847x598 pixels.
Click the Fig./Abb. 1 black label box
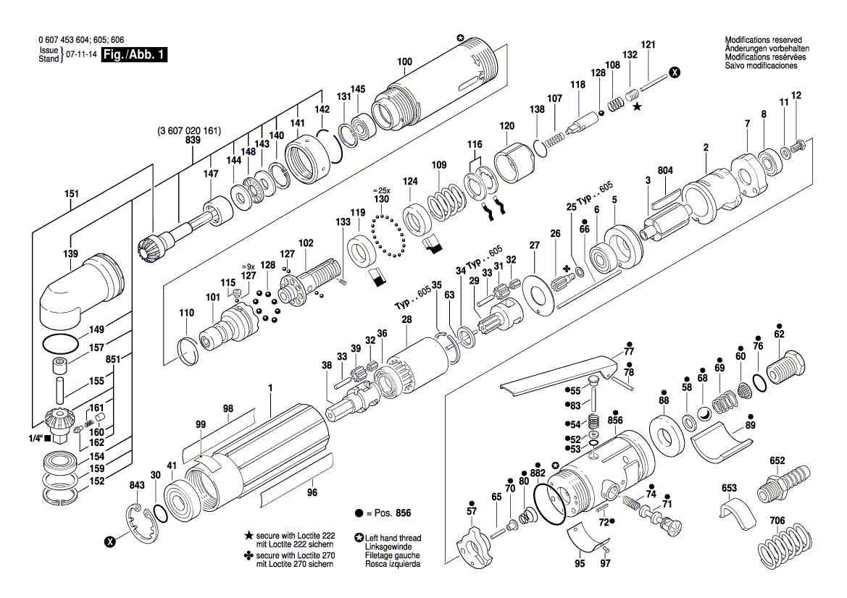point(134,55)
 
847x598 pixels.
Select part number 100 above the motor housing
point(404,62)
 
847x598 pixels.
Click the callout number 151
point(71,194)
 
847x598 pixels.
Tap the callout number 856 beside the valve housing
point(615,421)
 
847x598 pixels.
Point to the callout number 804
point(665,170)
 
